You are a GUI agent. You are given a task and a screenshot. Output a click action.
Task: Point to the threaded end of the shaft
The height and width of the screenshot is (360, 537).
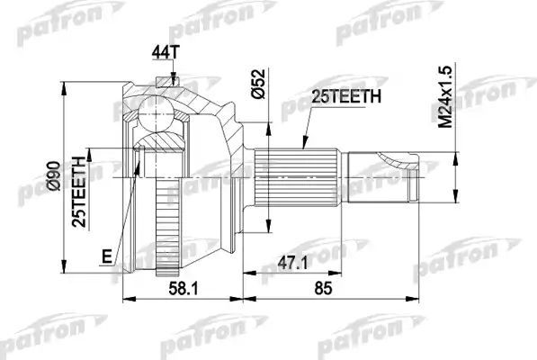pyautogui.click(x=383, y=176)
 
